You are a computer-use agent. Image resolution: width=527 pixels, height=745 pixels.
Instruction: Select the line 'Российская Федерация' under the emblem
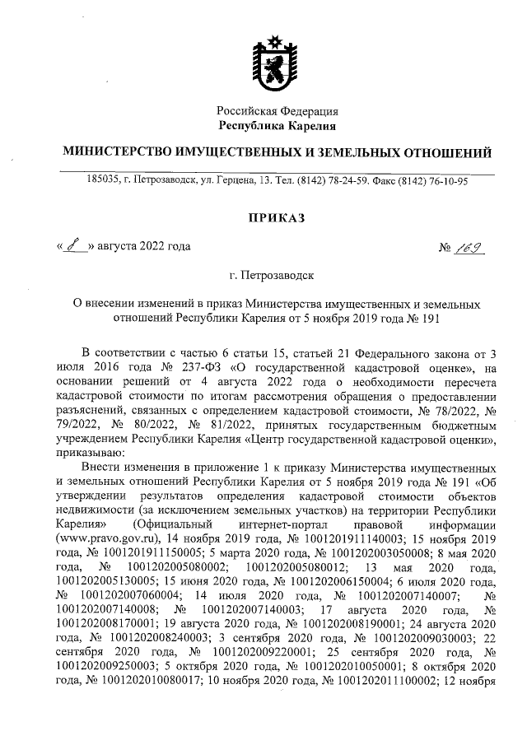(x=277, y=111)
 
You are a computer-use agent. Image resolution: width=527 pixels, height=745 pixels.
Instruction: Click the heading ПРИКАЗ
(x=277, y=217)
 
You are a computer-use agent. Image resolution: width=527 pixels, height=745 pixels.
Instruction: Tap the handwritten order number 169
(x=470, y=245)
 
